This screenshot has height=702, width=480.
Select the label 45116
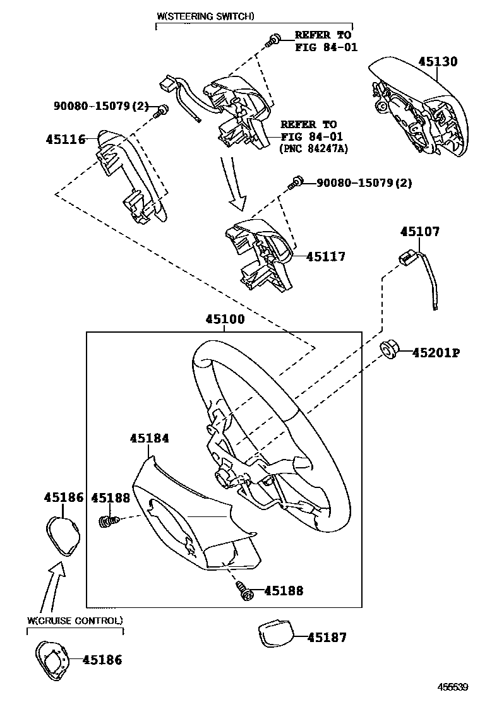coord(65,139)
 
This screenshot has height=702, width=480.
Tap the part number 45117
coord(326,257)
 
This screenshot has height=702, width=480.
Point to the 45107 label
coord(419,232)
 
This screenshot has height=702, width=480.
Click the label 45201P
coord(436,353)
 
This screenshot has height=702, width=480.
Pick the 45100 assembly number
coord(224,320)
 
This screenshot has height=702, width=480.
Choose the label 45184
coord(150,437)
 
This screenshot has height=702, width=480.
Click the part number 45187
coord(327,638)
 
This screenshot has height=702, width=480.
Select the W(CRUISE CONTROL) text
coord(75,621)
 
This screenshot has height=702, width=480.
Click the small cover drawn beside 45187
coord(275,633)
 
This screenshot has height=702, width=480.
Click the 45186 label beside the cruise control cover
coord(102,660)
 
